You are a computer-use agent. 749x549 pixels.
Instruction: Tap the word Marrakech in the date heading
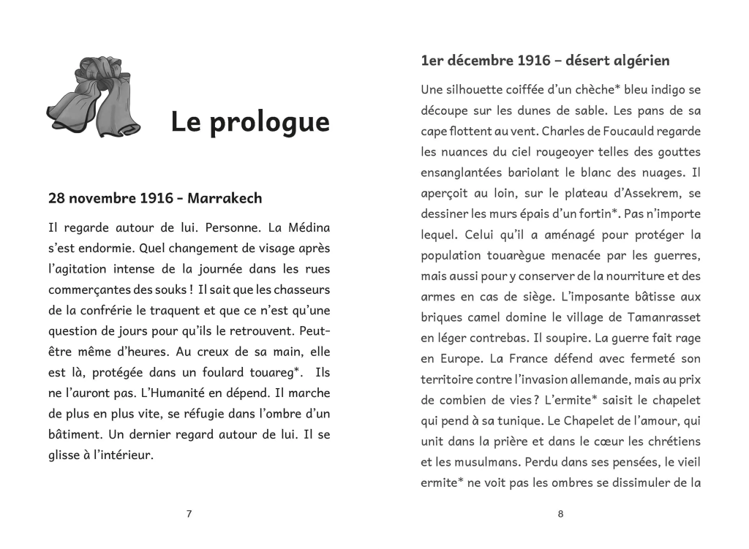[225, 198]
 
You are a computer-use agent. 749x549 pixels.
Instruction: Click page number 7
[189, 514]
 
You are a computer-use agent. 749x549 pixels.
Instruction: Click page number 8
[560, 514]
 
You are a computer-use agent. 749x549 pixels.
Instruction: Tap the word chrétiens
[669, 442]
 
